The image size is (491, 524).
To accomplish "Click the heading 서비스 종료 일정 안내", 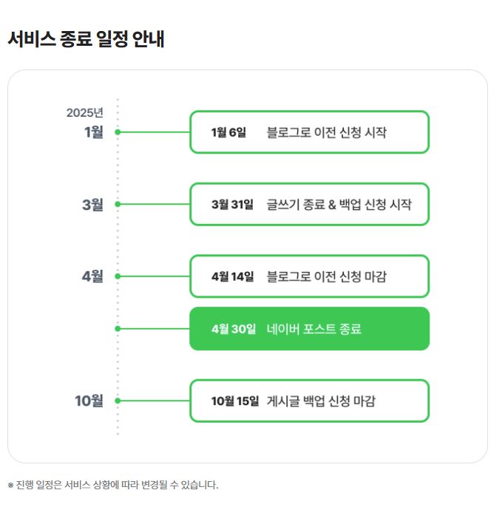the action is (86, 39).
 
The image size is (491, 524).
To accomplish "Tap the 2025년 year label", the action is (84, 113).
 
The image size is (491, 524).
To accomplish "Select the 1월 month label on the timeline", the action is (94, 132).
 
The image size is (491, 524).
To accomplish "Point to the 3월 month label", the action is (92, 204).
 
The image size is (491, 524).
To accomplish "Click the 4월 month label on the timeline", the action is (92, 276).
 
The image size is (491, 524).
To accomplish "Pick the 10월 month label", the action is (89, 401).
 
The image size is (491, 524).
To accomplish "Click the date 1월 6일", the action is (228, 132).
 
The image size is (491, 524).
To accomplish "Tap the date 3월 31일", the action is (231, 204).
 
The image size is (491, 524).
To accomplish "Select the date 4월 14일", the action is (231, 276).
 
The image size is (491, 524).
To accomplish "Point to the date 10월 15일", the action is (234, 401).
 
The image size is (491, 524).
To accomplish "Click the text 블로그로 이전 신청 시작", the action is (326, 132).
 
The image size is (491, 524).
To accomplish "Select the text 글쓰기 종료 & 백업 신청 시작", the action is (339, 204).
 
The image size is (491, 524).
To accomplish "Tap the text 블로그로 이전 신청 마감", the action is (326, 276).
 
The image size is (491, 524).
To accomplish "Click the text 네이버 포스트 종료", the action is (314, 329).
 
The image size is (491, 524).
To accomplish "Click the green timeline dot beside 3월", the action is (118, 204).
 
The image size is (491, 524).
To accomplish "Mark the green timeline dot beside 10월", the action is (118, 401).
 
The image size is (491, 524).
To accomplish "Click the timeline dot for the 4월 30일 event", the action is (118, 329).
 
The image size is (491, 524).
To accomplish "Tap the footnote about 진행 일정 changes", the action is (113, 485).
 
